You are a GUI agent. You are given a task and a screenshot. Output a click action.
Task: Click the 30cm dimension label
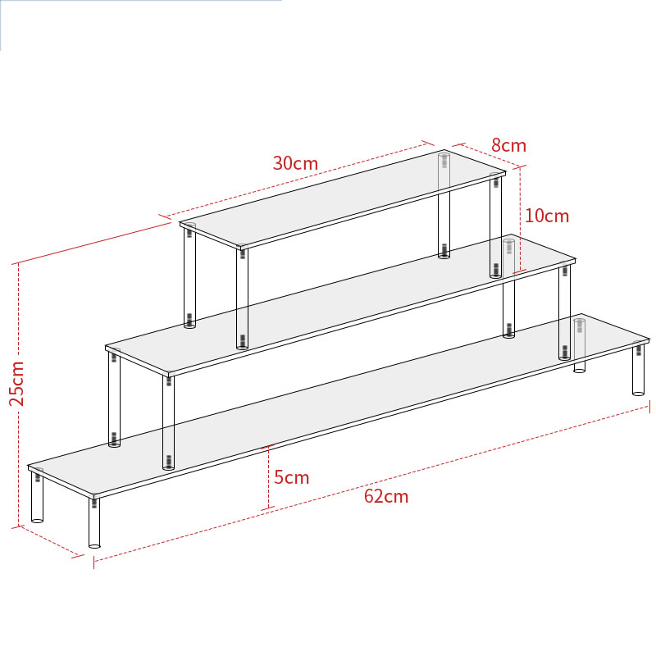tap(295, 162)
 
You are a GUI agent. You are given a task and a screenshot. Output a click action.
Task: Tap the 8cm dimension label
tap(508, 145)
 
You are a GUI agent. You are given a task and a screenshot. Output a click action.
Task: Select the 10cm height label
tap(546, 216)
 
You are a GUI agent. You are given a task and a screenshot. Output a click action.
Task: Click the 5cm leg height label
tap(291, 476)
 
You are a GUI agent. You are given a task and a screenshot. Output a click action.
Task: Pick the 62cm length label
tap(385, 496)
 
